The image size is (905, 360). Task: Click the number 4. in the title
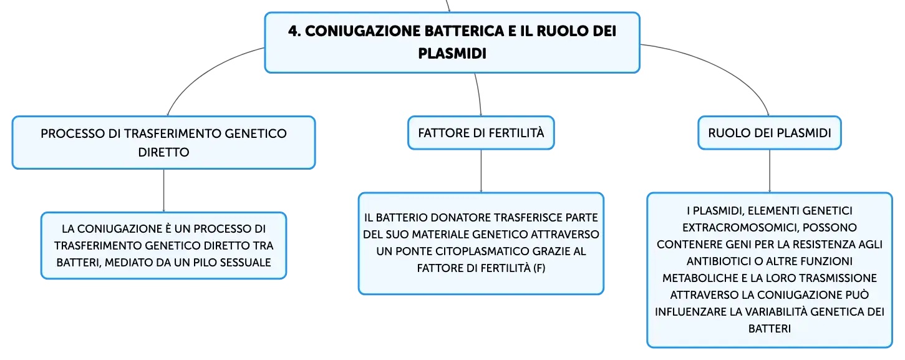pos(294,31)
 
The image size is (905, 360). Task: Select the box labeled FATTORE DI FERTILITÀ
pos(481,133)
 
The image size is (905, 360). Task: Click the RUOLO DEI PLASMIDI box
pos(769,133)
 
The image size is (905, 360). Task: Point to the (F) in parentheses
pos(539,268)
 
